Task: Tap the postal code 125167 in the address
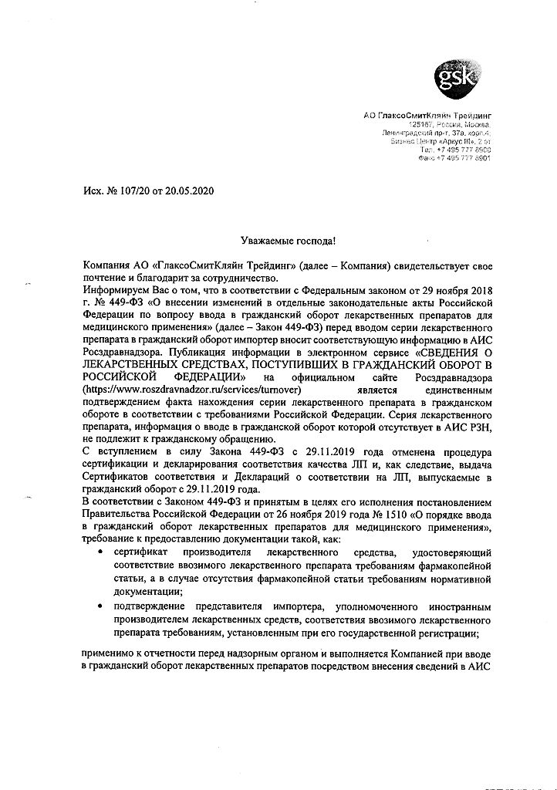point(421,124)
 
